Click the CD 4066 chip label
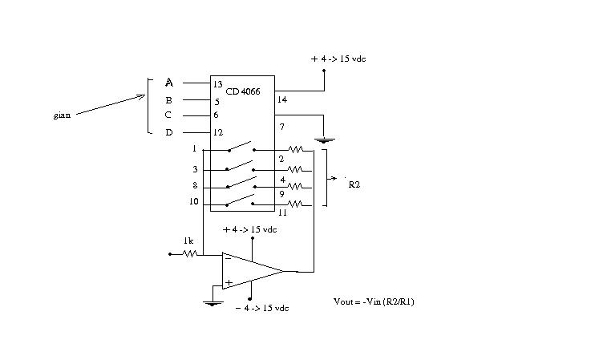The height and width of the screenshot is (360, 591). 243,91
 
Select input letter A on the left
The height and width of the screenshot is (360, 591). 169,83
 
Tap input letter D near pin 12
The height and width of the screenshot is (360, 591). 169,132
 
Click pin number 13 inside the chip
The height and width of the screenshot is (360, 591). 218,84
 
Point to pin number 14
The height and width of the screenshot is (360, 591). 282,99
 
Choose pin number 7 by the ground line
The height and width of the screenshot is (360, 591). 282,127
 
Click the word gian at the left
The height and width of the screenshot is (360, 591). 62,115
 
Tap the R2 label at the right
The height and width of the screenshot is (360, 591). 354,184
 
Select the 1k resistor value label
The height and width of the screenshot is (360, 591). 188,241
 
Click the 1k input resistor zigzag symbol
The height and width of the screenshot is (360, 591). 189,254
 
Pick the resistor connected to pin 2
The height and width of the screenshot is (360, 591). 295,150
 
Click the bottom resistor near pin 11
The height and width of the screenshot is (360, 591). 295,204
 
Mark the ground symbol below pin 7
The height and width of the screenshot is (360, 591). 324,140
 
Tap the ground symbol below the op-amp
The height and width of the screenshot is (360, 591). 213,303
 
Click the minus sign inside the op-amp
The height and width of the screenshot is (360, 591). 228,259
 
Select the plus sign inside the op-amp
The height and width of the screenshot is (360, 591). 229,282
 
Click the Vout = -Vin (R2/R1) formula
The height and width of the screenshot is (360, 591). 374,301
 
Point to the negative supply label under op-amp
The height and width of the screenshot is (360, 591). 262,308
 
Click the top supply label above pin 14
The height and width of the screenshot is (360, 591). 338,59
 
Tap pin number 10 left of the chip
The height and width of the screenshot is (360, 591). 194,202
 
